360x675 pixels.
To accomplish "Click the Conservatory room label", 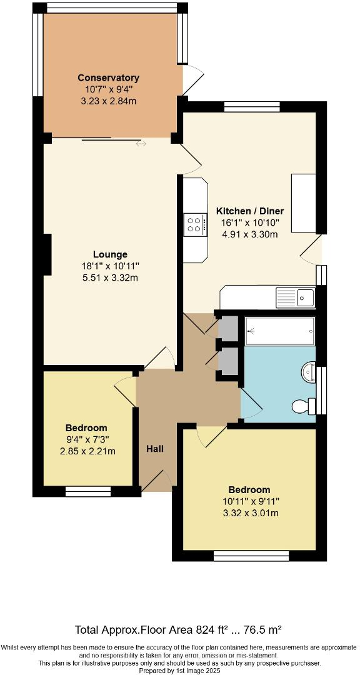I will tap(108, 77).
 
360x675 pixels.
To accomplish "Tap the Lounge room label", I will tap(110, 254).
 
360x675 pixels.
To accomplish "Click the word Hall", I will tap(155, 449).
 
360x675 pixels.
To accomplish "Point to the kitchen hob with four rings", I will tap(195, 224).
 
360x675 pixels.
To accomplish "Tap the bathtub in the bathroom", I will tap(279, 330).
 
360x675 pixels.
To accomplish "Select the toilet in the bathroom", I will tap(302, 406).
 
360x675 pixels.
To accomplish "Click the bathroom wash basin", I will tap(308, 372).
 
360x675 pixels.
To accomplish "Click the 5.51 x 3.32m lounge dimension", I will tap(110, 277).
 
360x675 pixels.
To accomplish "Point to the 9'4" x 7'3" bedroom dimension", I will tap(86, 439).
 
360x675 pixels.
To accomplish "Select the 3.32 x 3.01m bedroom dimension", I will tap(249, 513).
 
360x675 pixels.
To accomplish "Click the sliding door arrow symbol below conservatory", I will tap(141, 144).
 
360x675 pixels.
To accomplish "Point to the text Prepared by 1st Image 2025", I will tap(179, 670).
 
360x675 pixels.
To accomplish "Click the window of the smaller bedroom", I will tap(88, 492).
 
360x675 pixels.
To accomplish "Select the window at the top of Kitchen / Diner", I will tap(252, 107).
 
